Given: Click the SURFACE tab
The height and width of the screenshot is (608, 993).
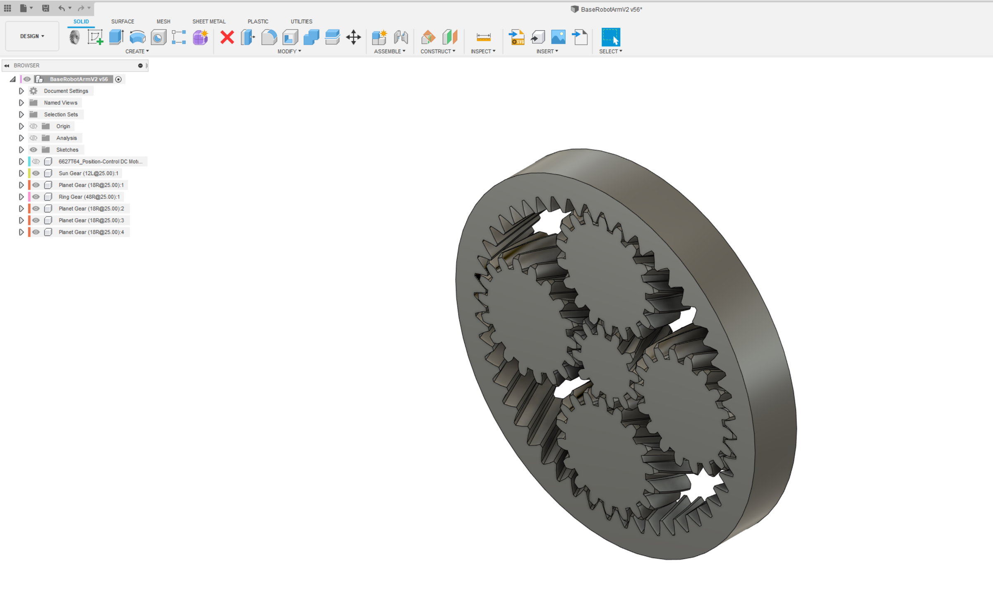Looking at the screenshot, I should pos(122,22).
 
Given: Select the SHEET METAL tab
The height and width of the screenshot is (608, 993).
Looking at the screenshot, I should pos(209,22).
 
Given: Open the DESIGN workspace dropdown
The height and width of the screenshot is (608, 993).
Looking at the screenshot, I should pos(32,36).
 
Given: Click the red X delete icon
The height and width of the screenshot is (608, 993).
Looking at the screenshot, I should pos(227,38).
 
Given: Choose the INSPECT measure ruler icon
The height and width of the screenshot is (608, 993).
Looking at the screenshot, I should pos(483,38).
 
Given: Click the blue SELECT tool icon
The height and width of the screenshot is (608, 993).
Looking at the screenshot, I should pos(610,37).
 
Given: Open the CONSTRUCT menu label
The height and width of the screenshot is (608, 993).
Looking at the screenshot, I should pos(438,51).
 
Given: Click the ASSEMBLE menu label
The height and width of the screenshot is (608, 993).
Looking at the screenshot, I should pos(389,51).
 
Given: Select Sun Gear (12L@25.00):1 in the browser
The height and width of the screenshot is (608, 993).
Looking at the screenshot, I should pos(88,174).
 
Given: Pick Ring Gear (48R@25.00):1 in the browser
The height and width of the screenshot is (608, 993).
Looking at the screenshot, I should pos(89,197).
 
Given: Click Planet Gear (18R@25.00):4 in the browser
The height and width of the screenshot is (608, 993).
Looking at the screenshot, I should pos(91,232).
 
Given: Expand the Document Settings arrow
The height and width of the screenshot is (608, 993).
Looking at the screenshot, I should pos(21,91).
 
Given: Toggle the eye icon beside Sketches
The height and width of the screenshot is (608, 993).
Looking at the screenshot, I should pos(34,150).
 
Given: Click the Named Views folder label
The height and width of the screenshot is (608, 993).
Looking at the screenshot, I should pos(60,103).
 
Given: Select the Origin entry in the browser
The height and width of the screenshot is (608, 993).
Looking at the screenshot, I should pos(63,126).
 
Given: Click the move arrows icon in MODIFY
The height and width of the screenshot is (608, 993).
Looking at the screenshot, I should pos(353,38).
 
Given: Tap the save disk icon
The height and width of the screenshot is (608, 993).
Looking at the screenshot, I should pos(46,8).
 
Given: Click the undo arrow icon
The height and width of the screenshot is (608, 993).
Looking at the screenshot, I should pos(61,8).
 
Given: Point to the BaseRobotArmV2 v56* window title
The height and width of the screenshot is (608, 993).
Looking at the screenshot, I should pos(611,10).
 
